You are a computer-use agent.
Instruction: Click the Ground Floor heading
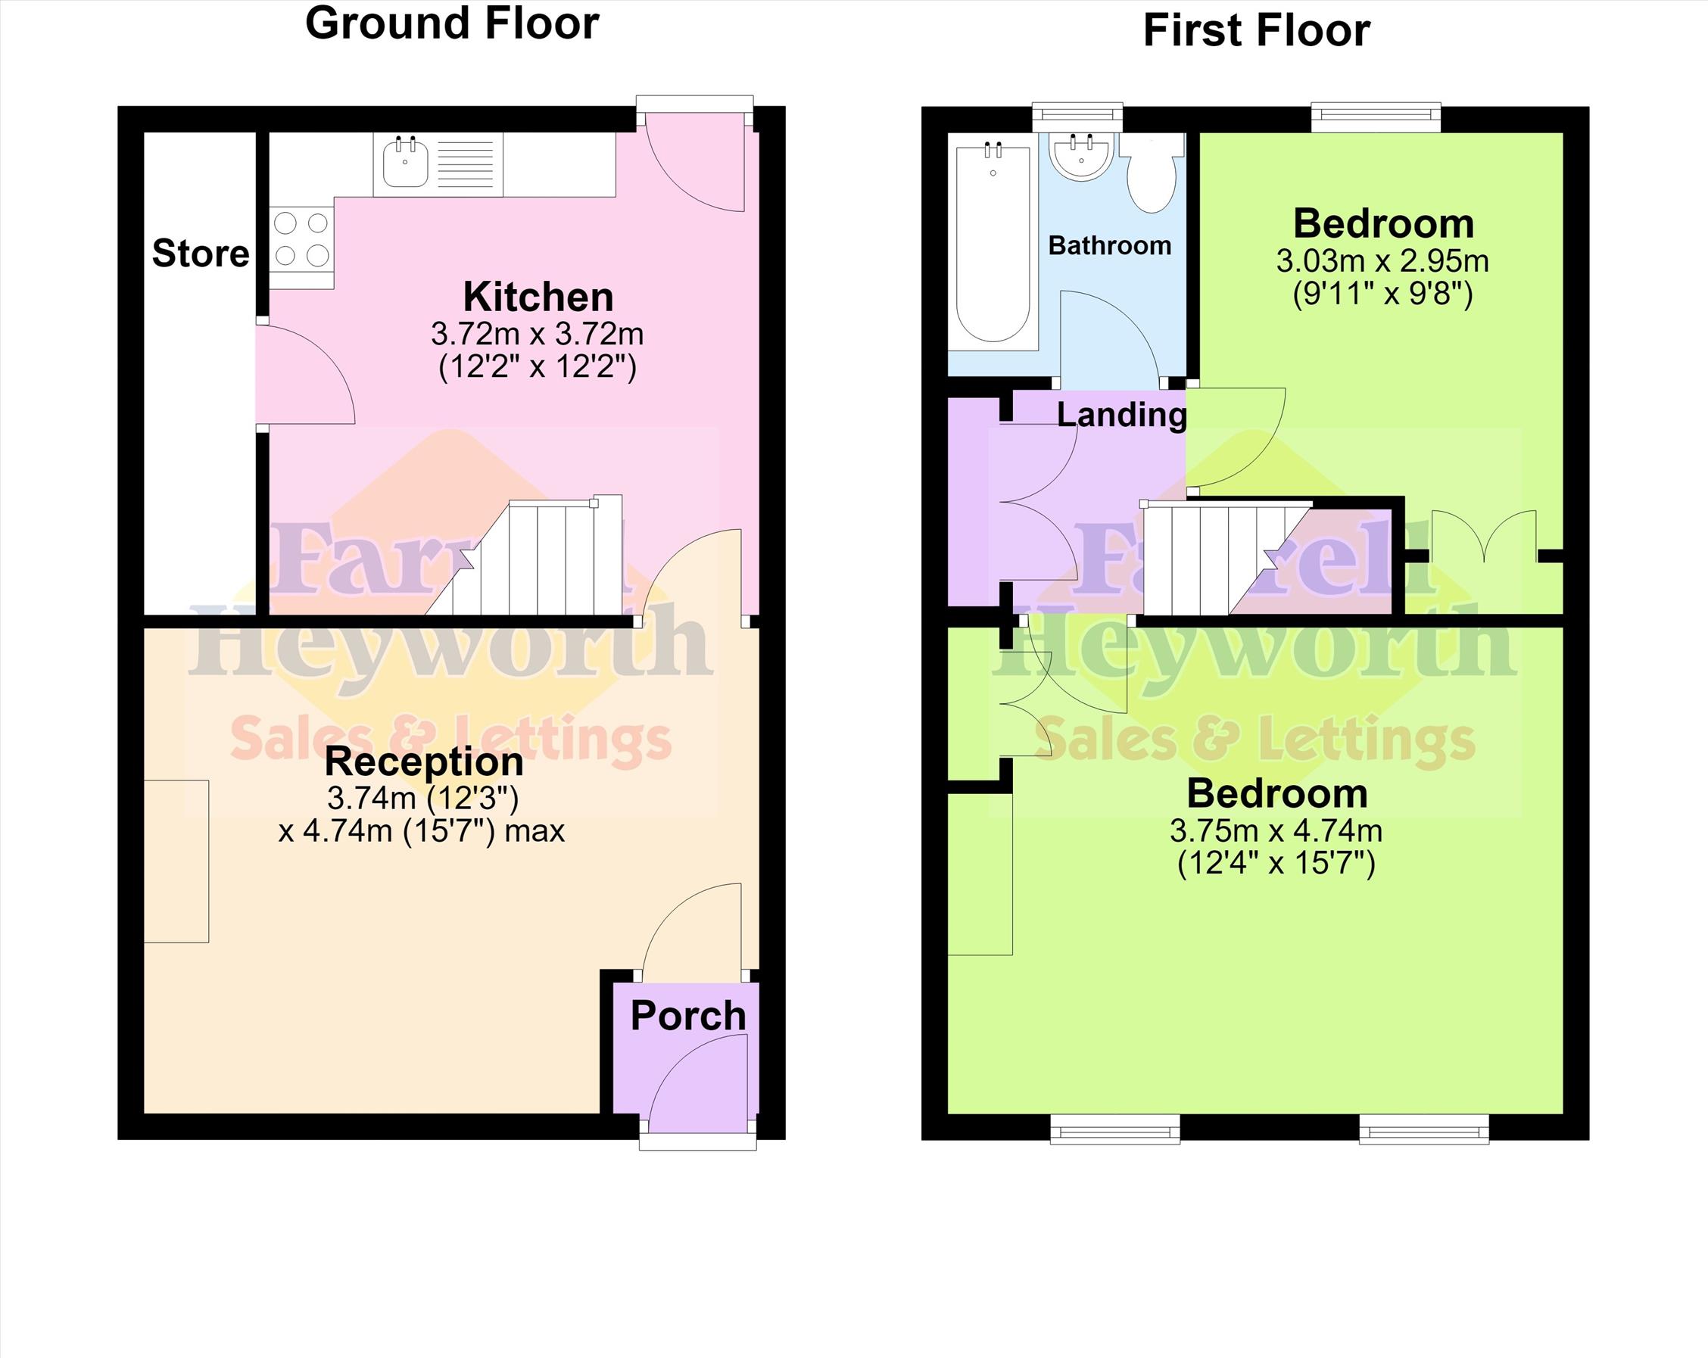pyautogui.click(x=451, y=23)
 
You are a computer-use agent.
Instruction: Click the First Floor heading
pyautogui.click(x=1257, y=32)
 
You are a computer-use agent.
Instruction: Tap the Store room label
pyautogui.click(x=201, y=254)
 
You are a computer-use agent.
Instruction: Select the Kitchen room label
pyautogui.click(x=538, y=297)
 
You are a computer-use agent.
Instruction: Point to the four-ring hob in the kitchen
pyautogui.click(x=301, y=238)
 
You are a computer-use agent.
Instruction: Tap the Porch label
pyautogui.click(x=687, y=1017)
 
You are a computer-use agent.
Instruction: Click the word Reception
pyautogui.click(x=424, y=762)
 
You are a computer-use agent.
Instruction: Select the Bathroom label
pyautogui.click(x=1109, y=245)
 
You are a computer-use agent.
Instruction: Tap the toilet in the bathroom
pyautogui.click(x=1152, y=173)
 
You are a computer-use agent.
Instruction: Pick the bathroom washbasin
pyautogui.click(x=1082, y=157)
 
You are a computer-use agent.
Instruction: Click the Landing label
pyautogui.click(x=1122, y=415)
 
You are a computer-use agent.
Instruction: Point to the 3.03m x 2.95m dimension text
pyautogui.click(x=1382, y=260)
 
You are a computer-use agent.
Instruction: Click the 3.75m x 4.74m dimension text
pyautogui.click(x=1276, y=830)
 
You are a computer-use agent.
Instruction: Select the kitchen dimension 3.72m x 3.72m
pyautogui.click(x=537, y=334)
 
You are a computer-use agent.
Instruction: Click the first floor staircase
pyautogui.click(x=1228, y=559)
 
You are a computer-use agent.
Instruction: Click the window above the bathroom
pyautogui.click(x=1078, y=117)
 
